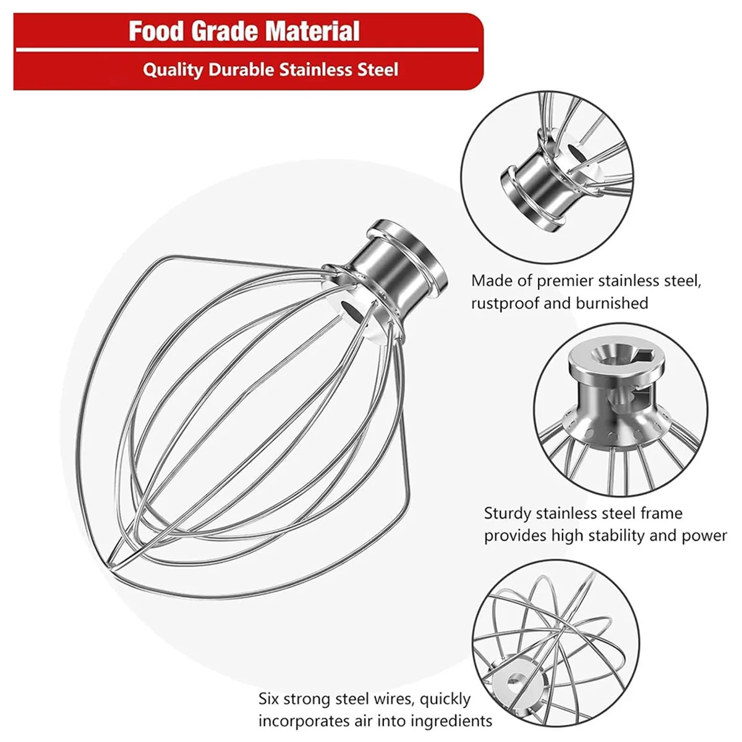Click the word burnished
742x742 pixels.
[612, 303]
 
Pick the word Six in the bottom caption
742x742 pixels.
[271, 699]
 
